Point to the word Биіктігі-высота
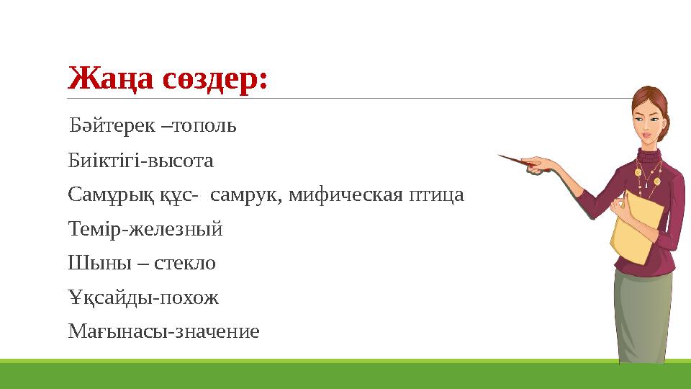pyautogui.click(x=140, y=160)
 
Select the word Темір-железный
pyautogui.click(x=145, y=229)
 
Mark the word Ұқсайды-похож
pyautogui.click(x=143, y=297)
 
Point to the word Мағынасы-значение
pyautogui.click(x=163, y=331)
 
